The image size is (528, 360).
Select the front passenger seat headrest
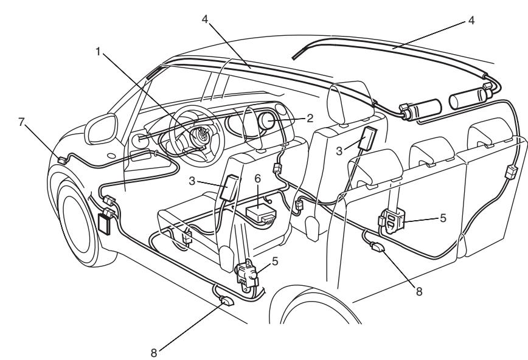pos(345,98)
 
